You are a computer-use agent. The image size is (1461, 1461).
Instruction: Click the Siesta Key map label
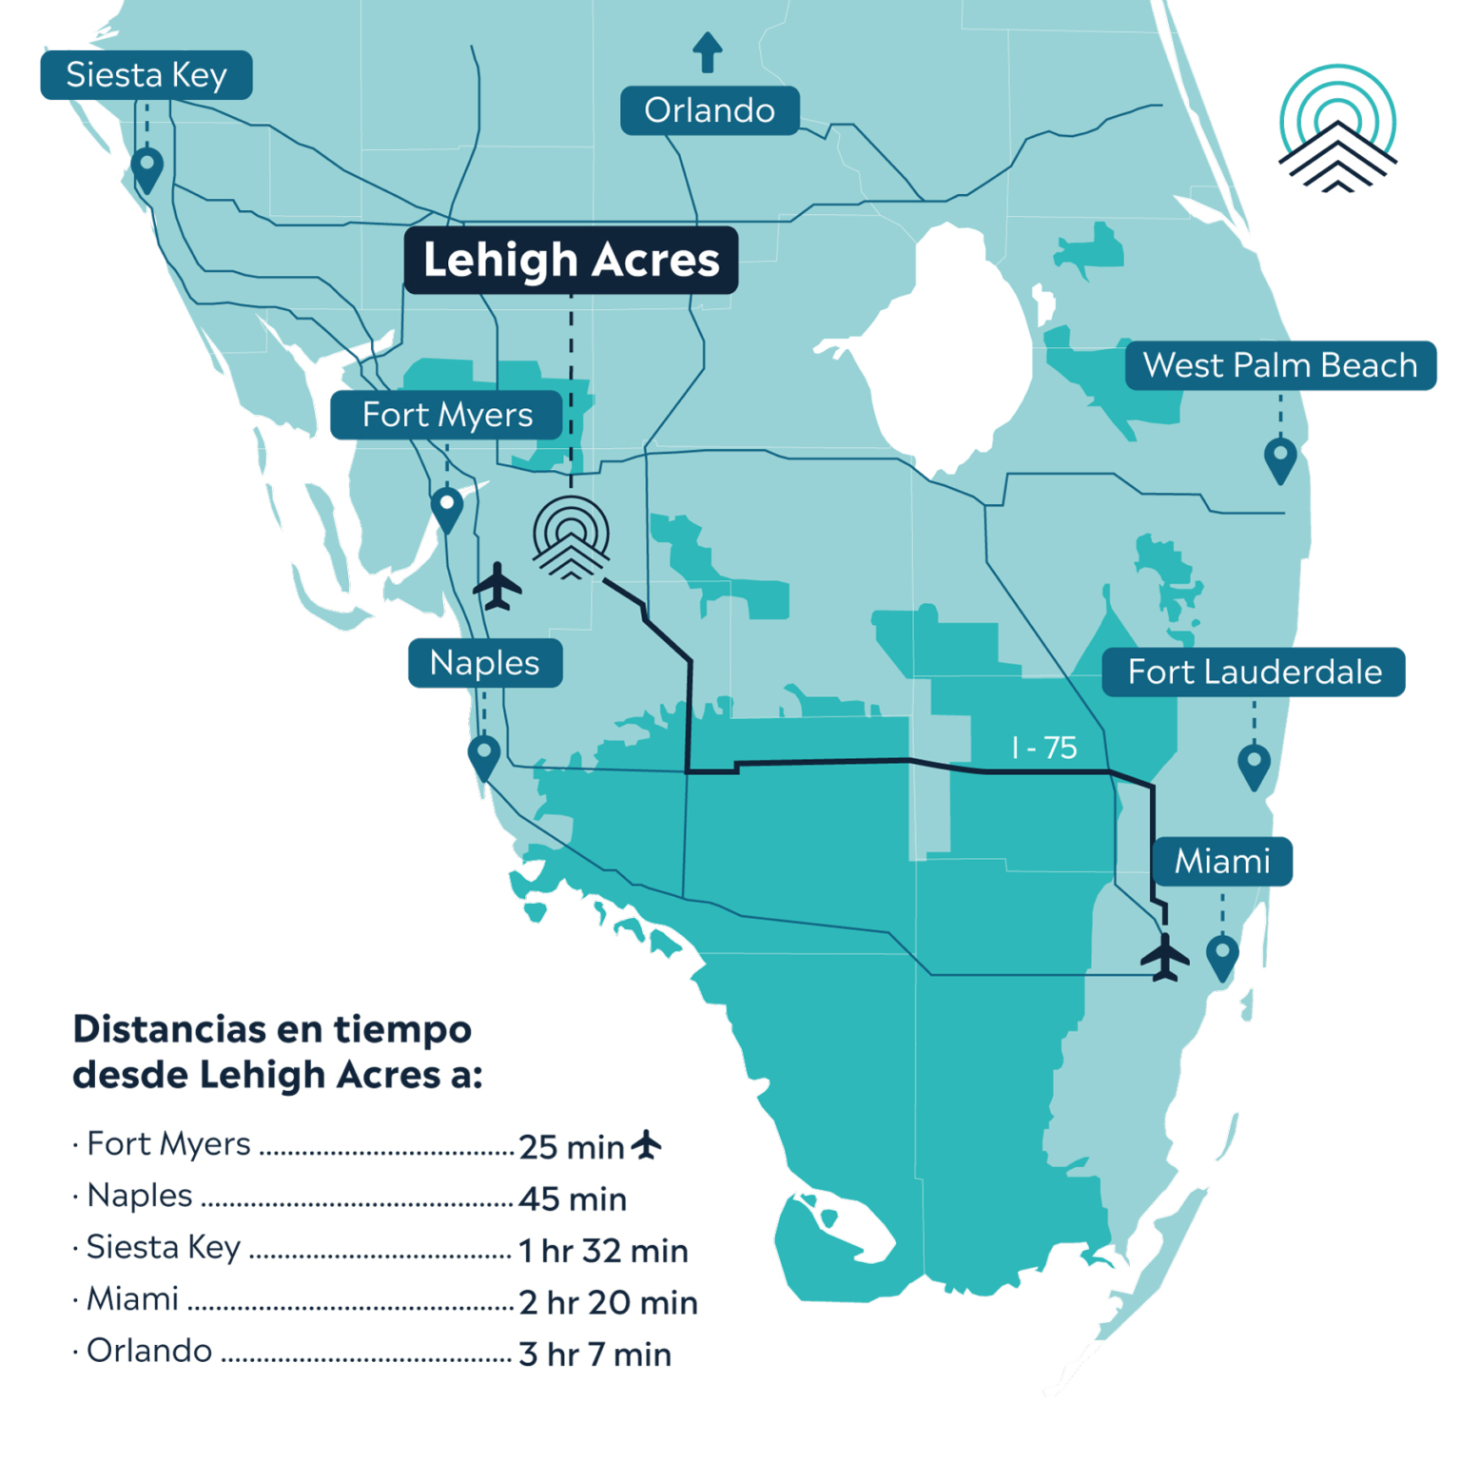(x=146, y=75)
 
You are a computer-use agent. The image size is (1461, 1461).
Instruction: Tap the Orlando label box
(x=710, y=110)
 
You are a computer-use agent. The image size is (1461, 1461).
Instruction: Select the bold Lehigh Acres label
(x=571, y=260)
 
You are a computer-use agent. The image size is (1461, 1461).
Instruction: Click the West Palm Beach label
(x=1280, y=365)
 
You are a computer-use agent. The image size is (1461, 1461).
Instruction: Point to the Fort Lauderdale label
(x=1254, y=672)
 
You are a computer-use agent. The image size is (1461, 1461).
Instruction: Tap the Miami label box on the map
(x=1222, y=861)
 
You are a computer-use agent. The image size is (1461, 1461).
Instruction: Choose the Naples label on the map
(x=485, y=663)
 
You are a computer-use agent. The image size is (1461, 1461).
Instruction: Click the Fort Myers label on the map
(x=447, y=415)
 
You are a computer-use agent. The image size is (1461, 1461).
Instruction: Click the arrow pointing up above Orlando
(x=707, y=51)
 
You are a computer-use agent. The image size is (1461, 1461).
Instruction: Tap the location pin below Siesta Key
(x=146, y=169)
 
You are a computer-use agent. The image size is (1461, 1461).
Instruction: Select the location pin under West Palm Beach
(x=1280, y=459)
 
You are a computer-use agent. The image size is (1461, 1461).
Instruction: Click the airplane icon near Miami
(x=1164, y=957)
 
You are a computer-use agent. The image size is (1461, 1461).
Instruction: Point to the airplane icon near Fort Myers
(x=497, y=587)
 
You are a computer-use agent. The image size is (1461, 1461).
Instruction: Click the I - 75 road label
(x=1043, y=748)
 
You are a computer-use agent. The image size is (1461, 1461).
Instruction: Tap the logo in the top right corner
(x=1337, y=129)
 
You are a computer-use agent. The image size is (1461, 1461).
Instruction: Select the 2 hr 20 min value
(x=608, y=1302)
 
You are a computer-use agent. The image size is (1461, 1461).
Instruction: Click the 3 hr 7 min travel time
(x=594, y=1354)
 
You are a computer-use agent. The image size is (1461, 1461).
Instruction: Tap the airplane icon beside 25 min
(x=647, y=1145)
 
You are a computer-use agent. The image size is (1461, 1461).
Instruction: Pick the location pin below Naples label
(x=484, y=757)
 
